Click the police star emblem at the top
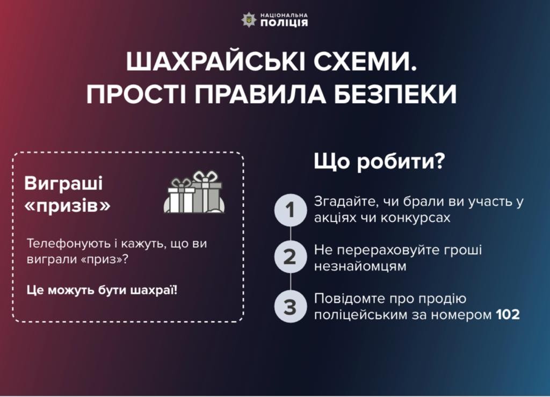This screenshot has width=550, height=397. pyautogui.click(x=249, y=20)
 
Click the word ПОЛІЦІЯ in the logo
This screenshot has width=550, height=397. pyautogui.click(x=284, y=23)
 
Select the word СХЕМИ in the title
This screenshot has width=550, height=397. pyautogui.click(x=365, y=62)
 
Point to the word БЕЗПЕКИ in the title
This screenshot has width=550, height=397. pyautogui.click(x=395, y=95)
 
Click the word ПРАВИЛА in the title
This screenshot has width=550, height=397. pyautogui.click(x=260, y=95)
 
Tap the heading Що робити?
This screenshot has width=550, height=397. pyautogui.click(x=379, y=162)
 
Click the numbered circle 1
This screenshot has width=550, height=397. pyautogui.click(x=291, y=210)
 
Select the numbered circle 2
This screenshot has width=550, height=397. pyautogui.click(x=291, y=257)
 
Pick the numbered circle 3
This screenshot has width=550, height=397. pyautogui.click(x=291, y=307)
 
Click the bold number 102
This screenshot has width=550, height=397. pyautogui.click(x=508, y=315)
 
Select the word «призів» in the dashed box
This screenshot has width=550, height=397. pyautogui.click(x=68, y=206)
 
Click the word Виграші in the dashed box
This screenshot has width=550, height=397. pyautogui.click(x=63, y=183)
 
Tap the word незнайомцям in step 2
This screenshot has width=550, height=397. pyautogui.click(x=360, y=266)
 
